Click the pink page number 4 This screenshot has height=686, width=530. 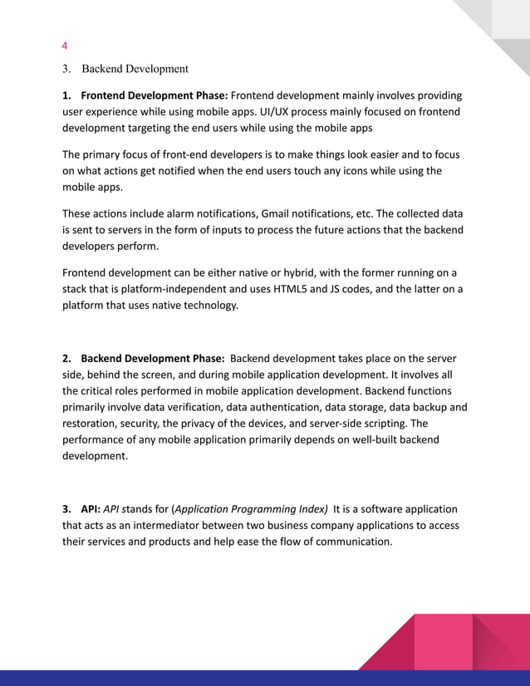point(66,45)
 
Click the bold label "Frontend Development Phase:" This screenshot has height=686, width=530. point(154,96)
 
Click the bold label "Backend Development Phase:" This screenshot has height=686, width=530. point(152,359)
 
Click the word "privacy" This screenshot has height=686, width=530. point(219,424)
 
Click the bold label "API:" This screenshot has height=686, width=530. point(89,509)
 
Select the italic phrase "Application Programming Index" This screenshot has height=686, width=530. point(250,509)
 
